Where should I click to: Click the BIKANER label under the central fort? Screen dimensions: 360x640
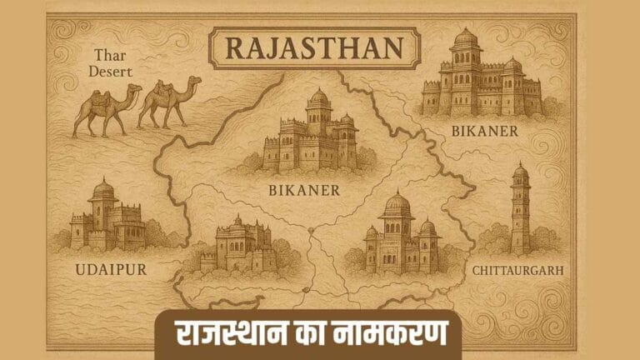click(304, 190)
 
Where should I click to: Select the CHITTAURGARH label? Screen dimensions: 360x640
click(517, 270)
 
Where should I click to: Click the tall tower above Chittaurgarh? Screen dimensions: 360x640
click(520, 208)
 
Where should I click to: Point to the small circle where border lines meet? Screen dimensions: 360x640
click(309, 229)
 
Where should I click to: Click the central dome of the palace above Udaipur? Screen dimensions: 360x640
click(103, 190)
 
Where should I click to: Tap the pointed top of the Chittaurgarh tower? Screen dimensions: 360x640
click(520, 164)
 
